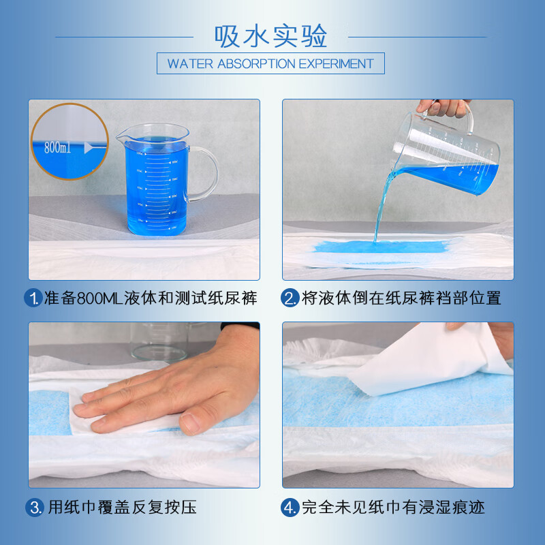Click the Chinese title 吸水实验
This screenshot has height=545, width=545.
[x=271, y=35]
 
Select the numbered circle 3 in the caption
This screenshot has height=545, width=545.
[x=34, y=508]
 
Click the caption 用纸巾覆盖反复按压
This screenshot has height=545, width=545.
[x=123, y=508]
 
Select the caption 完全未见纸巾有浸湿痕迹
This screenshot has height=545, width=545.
[x=392, y=508]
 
